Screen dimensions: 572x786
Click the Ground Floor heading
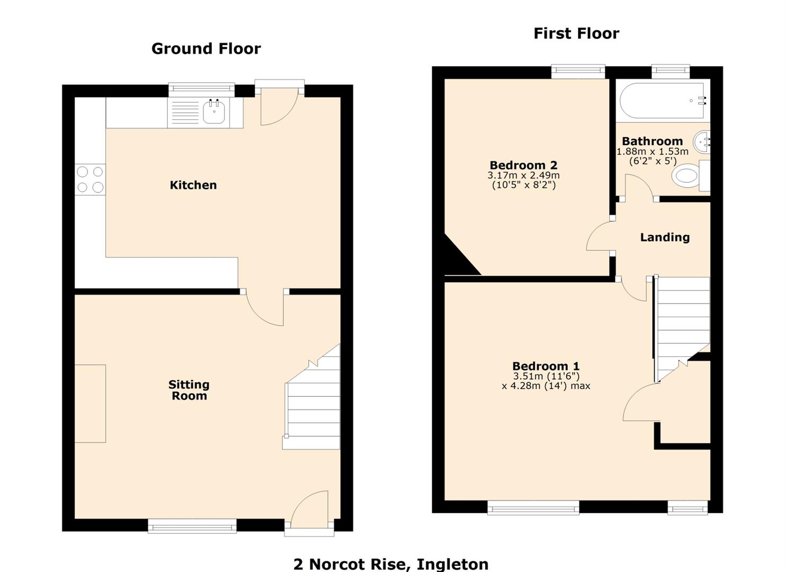click(x=206, y=49)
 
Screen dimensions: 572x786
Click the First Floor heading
click(x=576, y=33)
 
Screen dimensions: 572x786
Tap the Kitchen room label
click(x=193, y=185)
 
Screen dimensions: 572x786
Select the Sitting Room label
click(x=189, y=390)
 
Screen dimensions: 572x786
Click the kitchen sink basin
click(x=214, y=113)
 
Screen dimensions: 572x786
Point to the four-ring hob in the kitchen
click(x=90, y=180)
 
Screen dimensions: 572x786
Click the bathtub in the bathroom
click(x=662, y=100)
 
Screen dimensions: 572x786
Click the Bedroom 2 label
click(x=523, y=165)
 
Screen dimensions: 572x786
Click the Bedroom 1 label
click(x=546, y=366)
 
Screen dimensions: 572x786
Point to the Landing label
click(x=665, y=237)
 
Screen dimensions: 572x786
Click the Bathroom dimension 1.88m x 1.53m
click(x=652, y=151)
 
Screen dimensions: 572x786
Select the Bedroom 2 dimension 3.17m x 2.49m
click(x=523, y=175)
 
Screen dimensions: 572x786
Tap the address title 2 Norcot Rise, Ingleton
click(x=391, y=564)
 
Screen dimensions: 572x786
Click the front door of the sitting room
click(x=309, y=511)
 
